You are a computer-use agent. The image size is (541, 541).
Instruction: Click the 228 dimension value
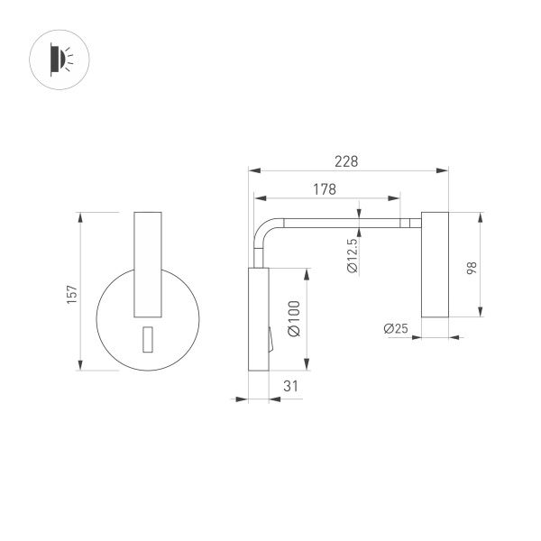[x=346, y=161]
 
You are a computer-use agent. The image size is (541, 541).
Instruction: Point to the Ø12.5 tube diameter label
[x=352, y=254]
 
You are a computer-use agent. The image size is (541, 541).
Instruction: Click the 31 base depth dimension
[x=290, y=386]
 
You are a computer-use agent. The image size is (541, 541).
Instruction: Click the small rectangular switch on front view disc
[x=147, y=339]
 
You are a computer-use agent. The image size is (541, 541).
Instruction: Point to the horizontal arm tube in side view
[x=343, y=221]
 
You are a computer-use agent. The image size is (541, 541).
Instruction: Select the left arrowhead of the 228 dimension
[x=253, y=169]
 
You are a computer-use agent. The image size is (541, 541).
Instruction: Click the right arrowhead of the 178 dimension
[x=397, y=197]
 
